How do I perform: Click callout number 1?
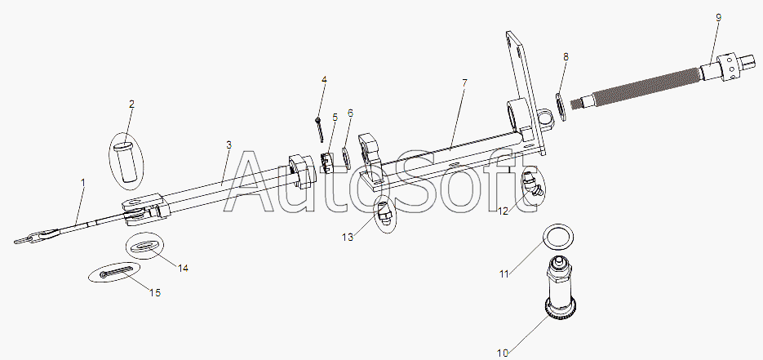coord(83,182)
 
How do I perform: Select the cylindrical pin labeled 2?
coord(126,162)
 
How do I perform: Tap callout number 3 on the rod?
coord(228,145)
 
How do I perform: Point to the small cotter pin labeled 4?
coord(319,130)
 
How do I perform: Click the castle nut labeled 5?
coord(326,162)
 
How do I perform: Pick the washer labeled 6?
coord(346,158)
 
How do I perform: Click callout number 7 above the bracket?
coord(464,83)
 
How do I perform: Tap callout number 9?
coord(718,17)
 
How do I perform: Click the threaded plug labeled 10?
coord(561,288)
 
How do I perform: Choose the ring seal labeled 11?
coord(557,236)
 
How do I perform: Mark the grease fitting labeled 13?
coord(384,213)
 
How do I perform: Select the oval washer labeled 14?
coord(145,247)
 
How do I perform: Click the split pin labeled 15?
coord(116,273)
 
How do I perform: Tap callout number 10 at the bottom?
coord(502,353)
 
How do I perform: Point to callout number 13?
coord(348,237)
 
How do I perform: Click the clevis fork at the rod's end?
coord(145,209)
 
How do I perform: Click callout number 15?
coord(155,293)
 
